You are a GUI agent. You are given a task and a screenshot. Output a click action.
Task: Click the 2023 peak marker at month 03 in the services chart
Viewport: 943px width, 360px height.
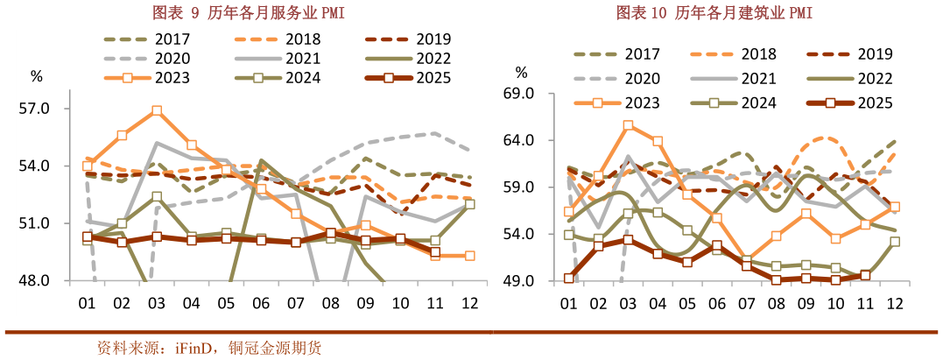157,111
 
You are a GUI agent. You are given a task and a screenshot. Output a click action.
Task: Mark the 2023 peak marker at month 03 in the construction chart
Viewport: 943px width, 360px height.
628,125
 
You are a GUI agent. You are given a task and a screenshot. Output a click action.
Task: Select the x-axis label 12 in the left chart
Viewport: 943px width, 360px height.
468,303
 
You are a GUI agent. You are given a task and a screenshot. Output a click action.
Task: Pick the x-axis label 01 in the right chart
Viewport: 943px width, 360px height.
568,303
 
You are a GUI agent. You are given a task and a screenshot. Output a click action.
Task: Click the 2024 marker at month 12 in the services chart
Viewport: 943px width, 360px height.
469,204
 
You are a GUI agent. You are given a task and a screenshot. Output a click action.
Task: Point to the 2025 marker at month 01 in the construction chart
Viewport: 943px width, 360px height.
568,279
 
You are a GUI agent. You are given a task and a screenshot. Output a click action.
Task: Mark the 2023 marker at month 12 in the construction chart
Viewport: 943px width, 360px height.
895,208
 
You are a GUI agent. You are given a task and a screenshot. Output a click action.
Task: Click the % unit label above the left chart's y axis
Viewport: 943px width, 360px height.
37,76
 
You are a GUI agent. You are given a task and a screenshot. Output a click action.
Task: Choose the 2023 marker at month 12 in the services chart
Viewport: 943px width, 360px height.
469,256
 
